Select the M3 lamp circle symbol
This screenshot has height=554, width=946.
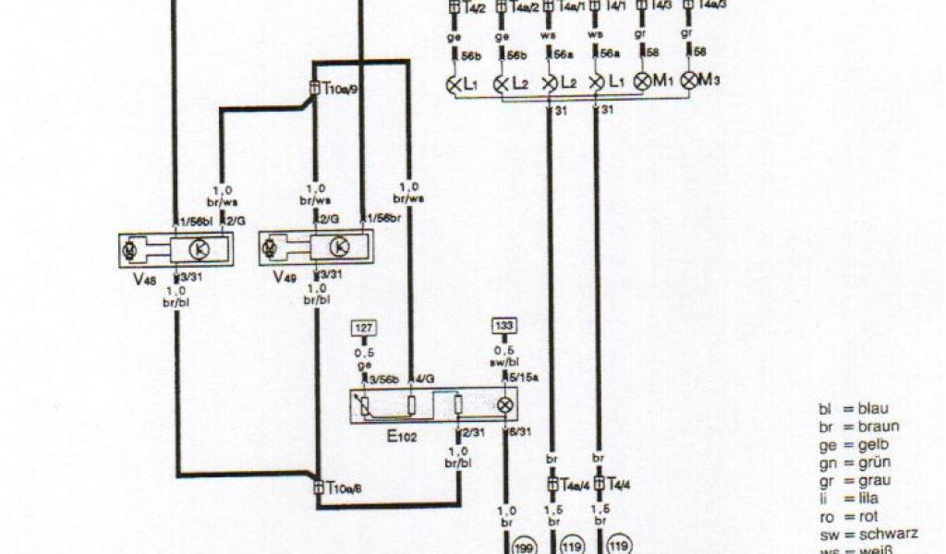tap(689, 81)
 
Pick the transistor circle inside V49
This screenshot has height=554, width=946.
tap(339, 247)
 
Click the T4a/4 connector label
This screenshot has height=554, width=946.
tap(575, 483)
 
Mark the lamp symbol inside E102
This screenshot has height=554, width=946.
tap(504, 405)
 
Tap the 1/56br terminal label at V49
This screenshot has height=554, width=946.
tap(383, 218)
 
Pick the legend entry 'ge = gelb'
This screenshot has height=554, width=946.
tap(855, 444)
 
